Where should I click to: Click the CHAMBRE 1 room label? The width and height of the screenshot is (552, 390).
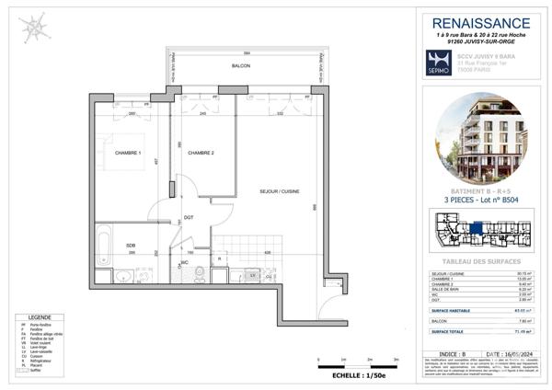click(x=126, y=154)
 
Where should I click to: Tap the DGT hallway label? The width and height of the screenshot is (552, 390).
click(x=189, y=217)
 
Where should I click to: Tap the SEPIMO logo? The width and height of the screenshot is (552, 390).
click(x=438, y=62)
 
